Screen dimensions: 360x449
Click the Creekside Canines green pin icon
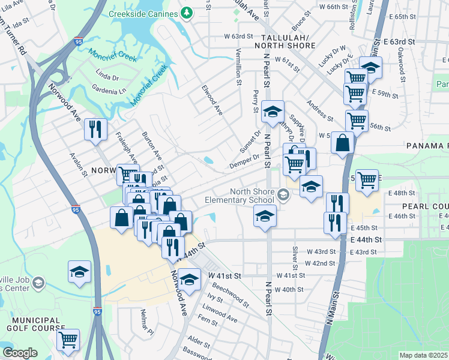pos(187,13)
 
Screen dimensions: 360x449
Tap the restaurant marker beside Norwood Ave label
pos(95,129)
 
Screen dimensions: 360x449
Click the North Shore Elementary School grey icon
pos(283,194)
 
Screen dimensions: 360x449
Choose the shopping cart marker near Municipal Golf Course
pos(68,340)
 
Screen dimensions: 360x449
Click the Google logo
pos(20,352)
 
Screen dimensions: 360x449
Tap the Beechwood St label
pos(231,293)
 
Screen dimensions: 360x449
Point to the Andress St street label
pos(319,110)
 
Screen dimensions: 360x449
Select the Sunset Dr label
pos(250,142)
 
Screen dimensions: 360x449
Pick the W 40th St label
pos(289,289)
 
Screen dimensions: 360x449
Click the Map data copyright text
pos(423,355)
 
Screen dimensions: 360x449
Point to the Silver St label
pos(295,257)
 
